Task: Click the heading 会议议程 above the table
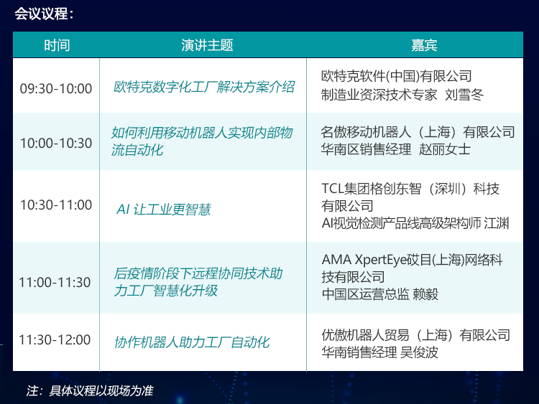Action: (41, 14)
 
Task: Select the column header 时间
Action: (57, 45)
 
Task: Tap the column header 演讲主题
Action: (207, 45)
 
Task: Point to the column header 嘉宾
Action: (424, 45)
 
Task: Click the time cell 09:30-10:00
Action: (56, 88)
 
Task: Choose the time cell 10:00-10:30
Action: (56, 143)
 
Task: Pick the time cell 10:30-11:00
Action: (56, 205)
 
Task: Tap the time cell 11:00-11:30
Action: (55, 283)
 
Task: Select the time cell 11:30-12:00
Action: (55, 340)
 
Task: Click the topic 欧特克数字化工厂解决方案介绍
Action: (204, 87)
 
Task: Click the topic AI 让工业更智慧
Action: (164, 210)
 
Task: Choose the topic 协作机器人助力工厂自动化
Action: (192, 342)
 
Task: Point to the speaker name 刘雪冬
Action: (464, 95)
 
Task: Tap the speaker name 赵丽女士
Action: (445, 149)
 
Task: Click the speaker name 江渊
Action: (497, 223)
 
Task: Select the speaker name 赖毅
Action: (425, 294)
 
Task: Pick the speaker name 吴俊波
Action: (420, 352)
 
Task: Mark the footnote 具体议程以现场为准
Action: (101, 390)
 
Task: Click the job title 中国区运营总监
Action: (365, 294)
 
